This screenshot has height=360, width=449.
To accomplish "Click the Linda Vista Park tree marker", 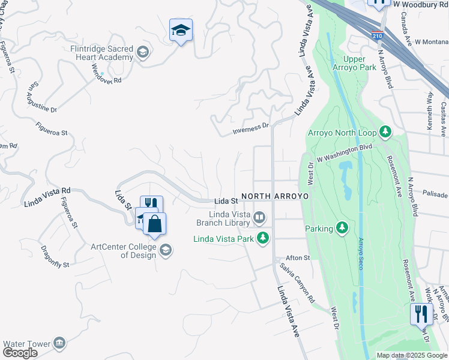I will coord(262,238).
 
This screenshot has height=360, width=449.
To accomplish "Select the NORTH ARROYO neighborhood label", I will coord(274,196).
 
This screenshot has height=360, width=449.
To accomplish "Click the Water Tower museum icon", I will coord(59,343).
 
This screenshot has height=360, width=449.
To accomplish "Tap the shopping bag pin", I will coord(154,224).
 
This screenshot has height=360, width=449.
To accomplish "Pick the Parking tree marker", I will coord(342,228).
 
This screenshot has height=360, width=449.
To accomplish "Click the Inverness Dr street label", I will coord(251,128).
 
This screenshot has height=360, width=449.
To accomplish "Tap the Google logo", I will coord(19,353).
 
